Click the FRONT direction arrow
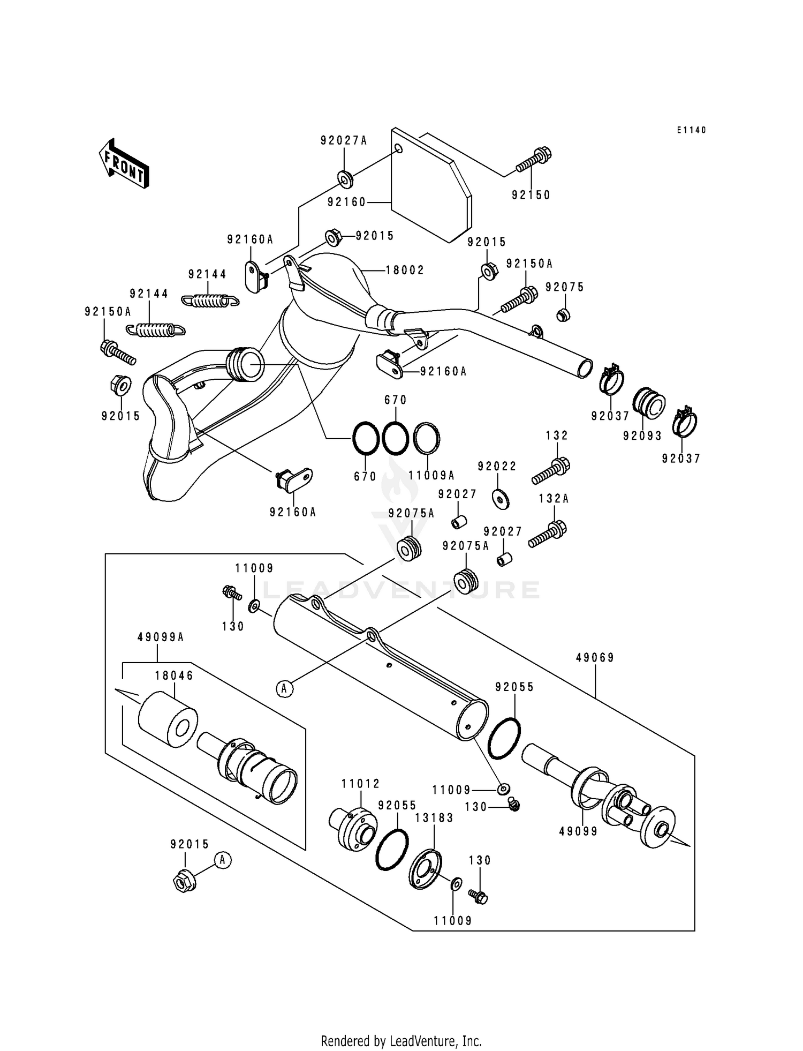(x=123, y=163)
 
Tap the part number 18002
(x=405, y=271)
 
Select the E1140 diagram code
(x=691, y=130)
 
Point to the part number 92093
(x=642, y=436)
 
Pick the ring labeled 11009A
(x=427, y=438)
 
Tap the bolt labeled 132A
(x=548, y=535)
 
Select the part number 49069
(x=595, y=658)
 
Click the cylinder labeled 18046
(x=168, y=719)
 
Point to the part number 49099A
(x=161, y=637)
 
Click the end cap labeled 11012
(x=353, y=830)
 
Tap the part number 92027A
(x=344, y=141)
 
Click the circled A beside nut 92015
(x=223, y=860)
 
